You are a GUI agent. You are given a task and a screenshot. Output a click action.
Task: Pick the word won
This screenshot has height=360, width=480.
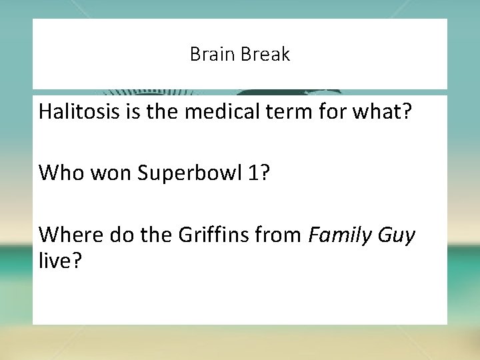coord(99,173)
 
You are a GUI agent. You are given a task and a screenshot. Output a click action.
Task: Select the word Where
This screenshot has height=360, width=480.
coord(66,235)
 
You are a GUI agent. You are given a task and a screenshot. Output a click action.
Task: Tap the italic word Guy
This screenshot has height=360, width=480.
coord(397,236)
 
